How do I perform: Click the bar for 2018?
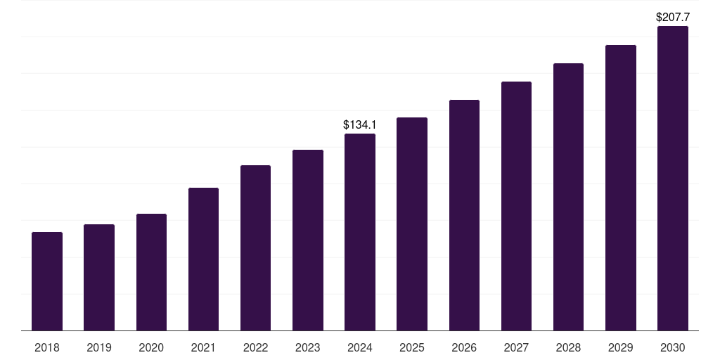[47, 281]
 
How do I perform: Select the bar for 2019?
[99, 278]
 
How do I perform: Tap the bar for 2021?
[203, 259]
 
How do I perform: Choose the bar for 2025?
[412, 224]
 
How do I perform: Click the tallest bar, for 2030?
[673, 179]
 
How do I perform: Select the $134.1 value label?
[360, 125]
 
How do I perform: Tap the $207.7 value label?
[673, 17]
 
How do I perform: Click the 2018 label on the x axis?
[47, 347]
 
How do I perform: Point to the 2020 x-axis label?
[151, 347]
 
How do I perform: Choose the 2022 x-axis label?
[255, 347]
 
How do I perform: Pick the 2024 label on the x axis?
[360, 347]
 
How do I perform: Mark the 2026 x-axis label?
[464, 347]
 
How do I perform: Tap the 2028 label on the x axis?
[568, 347]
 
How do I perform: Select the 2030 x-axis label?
[673, 347]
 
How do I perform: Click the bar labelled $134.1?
[360, 232]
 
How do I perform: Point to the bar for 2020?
[151, 272]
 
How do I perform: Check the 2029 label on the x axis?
[621, 347]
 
